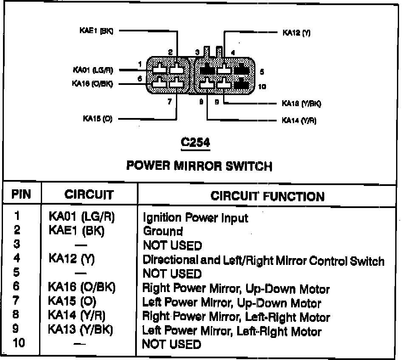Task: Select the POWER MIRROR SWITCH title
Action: (199, 166)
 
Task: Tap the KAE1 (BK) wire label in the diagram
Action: (96, 31)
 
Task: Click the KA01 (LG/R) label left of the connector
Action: (93, 70)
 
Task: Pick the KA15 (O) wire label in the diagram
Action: (97, 119)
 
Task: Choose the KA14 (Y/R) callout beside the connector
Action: (299, 120)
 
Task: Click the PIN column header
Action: (21, 195)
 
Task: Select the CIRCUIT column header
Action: (89, 195)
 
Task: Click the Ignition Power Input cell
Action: (195, 218)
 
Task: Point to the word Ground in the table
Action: (163, 231)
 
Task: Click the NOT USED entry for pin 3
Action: (172, 245)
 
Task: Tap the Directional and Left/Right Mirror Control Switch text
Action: (263, 260)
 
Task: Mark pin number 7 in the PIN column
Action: (17, 302)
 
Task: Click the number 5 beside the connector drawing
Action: (261, 72)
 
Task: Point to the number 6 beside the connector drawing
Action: (139, 79)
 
